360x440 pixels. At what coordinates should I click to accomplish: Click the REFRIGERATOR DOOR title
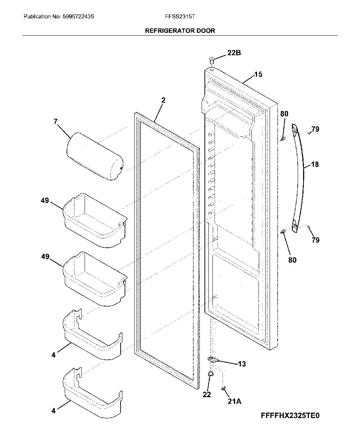coord(180,31)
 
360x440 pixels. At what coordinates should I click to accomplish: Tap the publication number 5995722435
coord(78,17)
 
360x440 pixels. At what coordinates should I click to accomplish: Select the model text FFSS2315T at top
coord(180,17)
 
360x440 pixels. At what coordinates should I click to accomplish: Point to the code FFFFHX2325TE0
coord(290,416)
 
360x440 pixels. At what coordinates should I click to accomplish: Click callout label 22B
coord(234,53)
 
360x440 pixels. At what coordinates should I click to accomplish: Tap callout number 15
coord(258,74)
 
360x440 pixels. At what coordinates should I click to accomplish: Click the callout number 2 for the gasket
coord(163,100)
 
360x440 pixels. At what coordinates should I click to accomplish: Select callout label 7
coord(55,121)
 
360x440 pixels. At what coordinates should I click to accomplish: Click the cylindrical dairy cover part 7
coord(95,156)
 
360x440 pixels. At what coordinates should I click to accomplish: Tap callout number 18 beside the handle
coord(315,165)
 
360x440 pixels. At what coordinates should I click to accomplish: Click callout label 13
coord(242,364)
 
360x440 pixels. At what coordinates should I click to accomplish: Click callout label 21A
coord(234,401)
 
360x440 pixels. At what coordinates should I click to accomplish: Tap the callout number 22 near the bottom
coord(207,394)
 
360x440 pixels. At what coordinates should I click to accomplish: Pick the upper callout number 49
coord(45,201)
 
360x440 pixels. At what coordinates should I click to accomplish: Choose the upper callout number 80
coord(284,114)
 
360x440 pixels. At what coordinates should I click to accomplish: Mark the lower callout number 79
coord(316,240)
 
